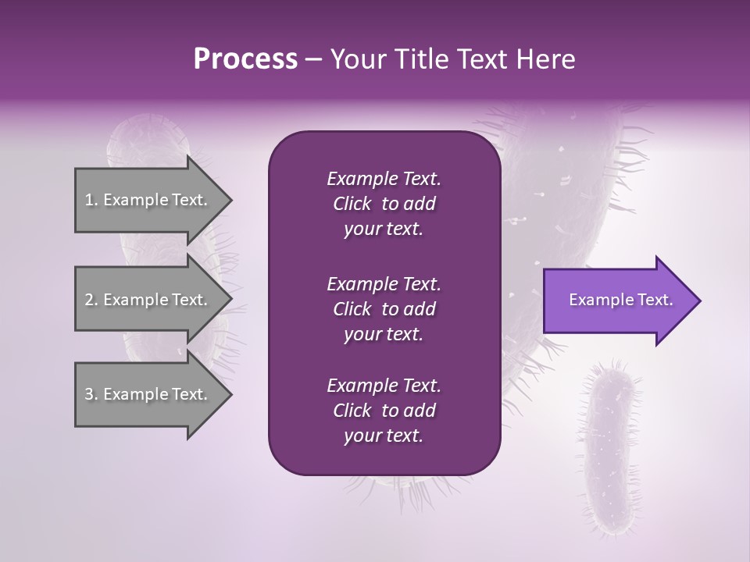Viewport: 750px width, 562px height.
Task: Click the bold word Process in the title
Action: [245, 59]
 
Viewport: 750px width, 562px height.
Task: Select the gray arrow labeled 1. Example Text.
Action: [148, 200]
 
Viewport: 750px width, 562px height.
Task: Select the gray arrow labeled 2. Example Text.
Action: [148, 300]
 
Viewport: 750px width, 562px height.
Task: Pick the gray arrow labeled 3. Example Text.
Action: [148, 394]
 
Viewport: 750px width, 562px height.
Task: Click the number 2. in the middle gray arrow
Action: [91, 300]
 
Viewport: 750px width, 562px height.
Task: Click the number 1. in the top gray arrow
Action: [91, 200]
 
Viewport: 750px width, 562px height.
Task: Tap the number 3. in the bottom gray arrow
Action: [91, 394]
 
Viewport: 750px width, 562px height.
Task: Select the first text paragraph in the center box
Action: [384, 204]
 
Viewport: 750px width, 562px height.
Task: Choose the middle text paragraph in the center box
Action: [384, 309]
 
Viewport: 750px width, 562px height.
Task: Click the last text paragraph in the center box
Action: [384, 411]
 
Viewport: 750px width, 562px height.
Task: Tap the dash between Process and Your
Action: [314, 60]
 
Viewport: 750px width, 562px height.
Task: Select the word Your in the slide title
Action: [354, 59]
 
